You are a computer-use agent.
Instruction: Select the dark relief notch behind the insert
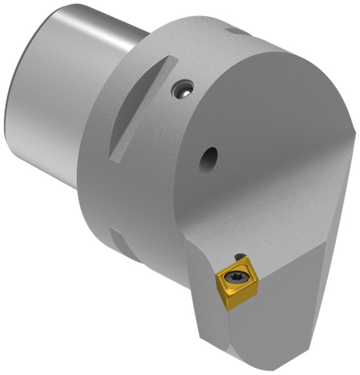coord(239,256)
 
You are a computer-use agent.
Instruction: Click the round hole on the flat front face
coord(207,161)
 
